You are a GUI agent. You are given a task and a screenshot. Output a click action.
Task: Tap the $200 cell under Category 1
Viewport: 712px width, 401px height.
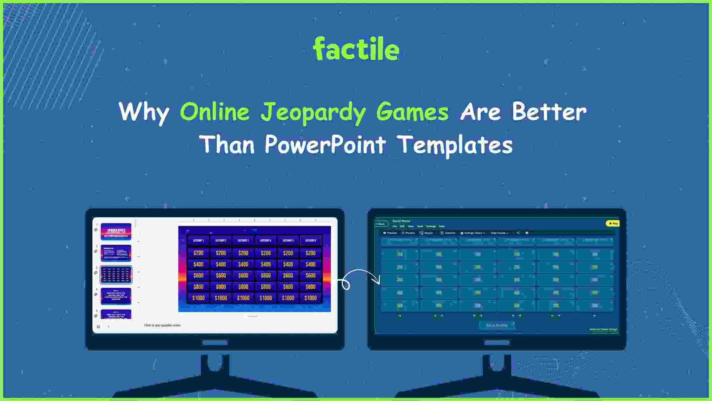pos(198,253)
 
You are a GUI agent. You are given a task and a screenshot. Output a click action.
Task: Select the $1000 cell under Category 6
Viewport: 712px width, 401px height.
pos(311,298)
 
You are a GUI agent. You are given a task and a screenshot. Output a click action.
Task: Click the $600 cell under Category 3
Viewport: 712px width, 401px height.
pos(243,276)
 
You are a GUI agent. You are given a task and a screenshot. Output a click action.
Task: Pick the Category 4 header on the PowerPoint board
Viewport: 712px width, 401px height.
pos(266,241)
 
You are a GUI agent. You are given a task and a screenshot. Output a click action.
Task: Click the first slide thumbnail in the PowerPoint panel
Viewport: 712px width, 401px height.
pos(116,231)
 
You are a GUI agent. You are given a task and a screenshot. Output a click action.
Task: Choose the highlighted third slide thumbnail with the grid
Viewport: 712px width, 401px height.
pos(116,275)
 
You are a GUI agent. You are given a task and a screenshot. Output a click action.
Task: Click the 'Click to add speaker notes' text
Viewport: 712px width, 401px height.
pos(162,325)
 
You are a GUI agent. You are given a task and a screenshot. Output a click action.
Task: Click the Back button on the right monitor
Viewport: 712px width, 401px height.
pos(381,224)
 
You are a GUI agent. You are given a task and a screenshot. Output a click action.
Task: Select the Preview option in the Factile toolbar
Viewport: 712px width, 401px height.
pos(390,233)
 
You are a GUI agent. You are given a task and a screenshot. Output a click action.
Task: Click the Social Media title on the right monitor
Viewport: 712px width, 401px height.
pos(401,221)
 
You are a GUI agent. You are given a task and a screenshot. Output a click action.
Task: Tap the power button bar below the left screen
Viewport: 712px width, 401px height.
pos(215,342)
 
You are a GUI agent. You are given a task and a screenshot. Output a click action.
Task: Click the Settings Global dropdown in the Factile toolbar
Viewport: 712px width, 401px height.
pos(473,233)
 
